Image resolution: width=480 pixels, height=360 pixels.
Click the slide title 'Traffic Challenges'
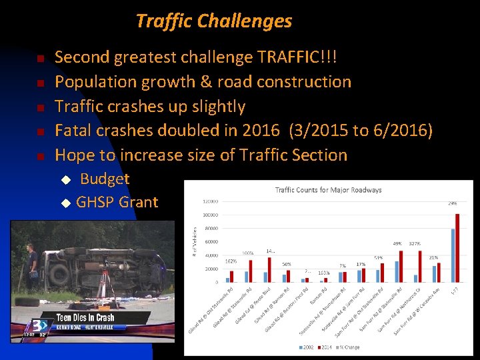214,21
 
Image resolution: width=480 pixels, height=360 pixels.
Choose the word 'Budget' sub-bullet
105,179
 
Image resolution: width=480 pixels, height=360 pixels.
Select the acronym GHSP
95,202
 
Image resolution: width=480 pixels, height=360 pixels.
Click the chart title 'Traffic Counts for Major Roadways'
329,190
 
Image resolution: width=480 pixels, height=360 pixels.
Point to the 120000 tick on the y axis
210,201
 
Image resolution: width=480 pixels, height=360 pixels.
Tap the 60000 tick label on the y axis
211,242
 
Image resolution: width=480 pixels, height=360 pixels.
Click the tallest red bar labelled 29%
458,247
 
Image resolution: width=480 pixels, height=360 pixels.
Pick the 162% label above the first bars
231,262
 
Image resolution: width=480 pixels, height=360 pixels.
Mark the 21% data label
433,257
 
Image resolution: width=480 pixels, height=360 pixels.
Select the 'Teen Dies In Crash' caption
85,318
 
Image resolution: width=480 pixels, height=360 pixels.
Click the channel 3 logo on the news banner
31,327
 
